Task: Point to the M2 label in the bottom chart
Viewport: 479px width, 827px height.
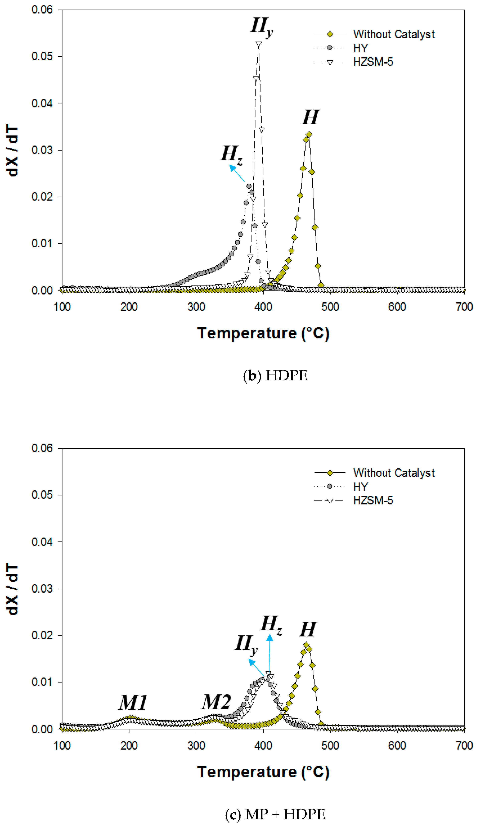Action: pos(216,702)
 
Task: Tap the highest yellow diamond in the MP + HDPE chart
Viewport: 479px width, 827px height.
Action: pos(306,645)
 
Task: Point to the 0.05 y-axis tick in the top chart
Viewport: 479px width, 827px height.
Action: pos(42,56)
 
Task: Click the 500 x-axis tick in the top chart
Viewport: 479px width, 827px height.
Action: pos(330,307)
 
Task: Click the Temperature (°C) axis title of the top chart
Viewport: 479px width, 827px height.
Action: pos(263,333)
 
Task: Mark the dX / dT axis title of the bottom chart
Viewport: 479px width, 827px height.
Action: pos(13,589)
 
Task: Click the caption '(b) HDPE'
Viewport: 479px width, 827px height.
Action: pos(275,376)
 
